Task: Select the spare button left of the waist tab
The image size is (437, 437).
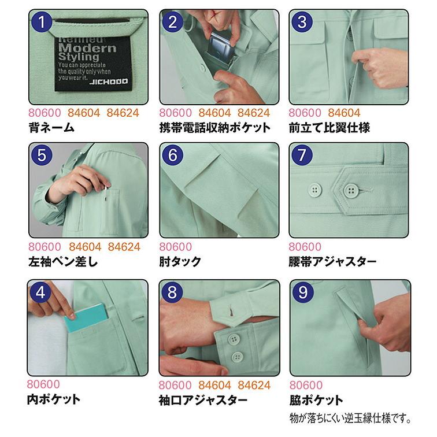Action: tap(315, 191)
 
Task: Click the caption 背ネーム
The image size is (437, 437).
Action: tap(51, 128)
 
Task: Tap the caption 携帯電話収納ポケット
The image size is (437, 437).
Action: tap(214, 128)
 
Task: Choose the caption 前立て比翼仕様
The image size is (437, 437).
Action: tap(329, 128)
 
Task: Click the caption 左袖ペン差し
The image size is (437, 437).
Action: tap(63, 262)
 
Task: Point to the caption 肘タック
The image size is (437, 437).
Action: tap(180, 262)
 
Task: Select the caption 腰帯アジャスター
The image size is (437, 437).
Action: tap(332, 262)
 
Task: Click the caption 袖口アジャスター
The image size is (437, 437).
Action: tap(203, 399)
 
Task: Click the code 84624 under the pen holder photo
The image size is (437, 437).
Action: tap(124, 247)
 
